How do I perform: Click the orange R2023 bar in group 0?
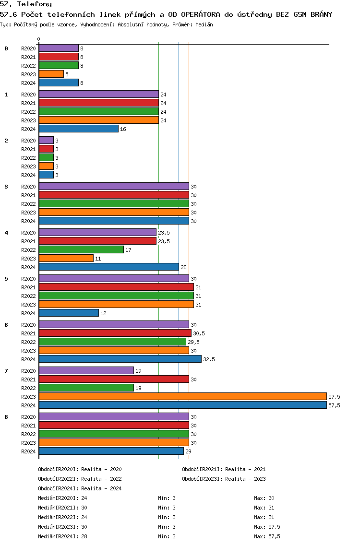click(x=51, y=74)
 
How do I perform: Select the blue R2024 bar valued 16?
click(x=79, y=129)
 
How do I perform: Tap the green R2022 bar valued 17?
click(x=82, y=249)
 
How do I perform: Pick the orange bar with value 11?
click(x=66, y=258)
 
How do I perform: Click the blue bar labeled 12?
click(x=69, y=313)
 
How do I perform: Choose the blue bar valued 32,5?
click(x=120, y=359)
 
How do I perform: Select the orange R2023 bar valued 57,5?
click(x=183, y=397)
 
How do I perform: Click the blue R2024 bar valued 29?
click(x=111, y=451)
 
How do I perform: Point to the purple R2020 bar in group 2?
click(x=46, y=141)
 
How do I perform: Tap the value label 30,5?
click(x=199, y=333)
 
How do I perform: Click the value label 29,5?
click(x=194, y=342)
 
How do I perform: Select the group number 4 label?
click(x=6, y=233)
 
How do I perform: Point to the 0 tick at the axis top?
click(x=38, y=39)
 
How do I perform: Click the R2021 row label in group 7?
click(x=28, y=379)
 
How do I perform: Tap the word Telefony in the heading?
click(x=35, y=4)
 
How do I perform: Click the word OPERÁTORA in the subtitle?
click(x=200, y=14)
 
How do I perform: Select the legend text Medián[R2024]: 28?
click(x=62, y=536)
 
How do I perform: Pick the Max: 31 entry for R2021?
click(x=264, y=508)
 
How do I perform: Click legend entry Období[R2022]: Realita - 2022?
click(x=80, y=479)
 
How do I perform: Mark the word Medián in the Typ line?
click(x=204, y=24)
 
